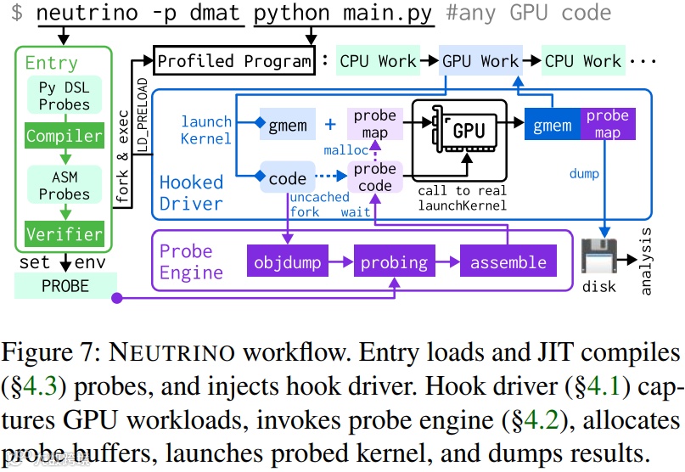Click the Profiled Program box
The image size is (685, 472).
[234, 61]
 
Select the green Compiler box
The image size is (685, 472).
[64, 136]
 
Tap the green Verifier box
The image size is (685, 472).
[64, 233]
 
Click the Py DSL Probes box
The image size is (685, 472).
[64, 96]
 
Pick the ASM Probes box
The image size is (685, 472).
[64, 184]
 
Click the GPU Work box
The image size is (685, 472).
[480, 61]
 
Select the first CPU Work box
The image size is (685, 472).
[378, 61]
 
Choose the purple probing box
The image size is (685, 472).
[394, 262]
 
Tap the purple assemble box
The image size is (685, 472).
[508, 262]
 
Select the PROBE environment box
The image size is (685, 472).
[65, 286]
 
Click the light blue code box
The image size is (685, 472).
[288, 178]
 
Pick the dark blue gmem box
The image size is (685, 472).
[552, 126]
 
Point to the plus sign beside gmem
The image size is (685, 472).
[330, 126]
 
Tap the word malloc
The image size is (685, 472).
[345, 150]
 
